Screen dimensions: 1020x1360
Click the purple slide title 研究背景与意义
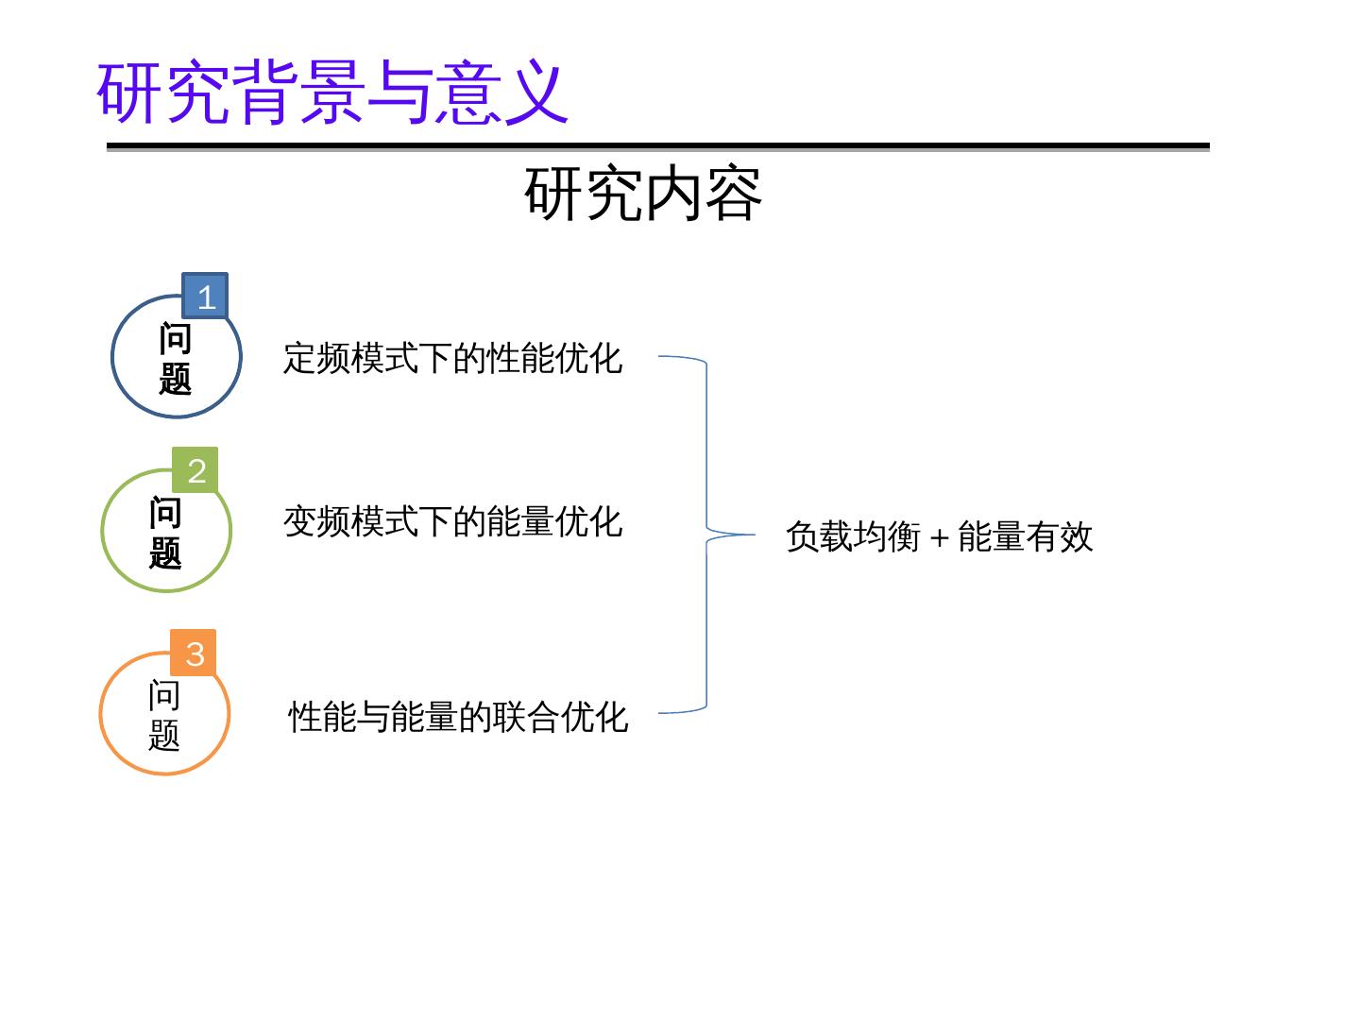click(x=332, y=93)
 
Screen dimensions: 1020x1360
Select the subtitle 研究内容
click(x=642, y=194)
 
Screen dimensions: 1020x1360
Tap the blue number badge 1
click(x=205, y=297)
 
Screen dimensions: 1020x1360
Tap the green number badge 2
click(x=195, y=470)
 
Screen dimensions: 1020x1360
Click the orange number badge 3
click(x=195, y=653)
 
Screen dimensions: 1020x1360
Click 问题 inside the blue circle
click(x=176, y=359)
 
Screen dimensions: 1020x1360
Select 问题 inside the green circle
click(x=165, y=533)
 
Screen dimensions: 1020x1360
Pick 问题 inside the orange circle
click(x=164, y=715)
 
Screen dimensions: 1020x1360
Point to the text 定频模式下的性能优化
click(x=453, y=359)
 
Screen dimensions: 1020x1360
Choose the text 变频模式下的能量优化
click(x=453, y=521)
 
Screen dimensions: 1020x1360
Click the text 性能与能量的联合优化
click(x=458, y=717)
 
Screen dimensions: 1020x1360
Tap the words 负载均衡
click(x=853, y=536)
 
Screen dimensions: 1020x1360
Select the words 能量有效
click(x=1026, y=536)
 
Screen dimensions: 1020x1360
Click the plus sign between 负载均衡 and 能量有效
click(x=939, y=538)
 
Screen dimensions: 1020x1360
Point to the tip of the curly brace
click(x=752, y=535)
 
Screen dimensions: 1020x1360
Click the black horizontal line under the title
click(x=657, y=146)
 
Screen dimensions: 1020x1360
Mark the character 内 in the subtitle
click(x=671, y=194)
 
